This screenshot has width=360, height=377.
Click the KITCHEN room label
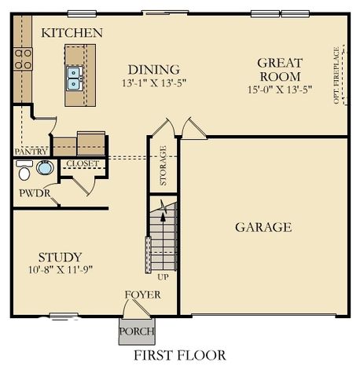tap(72, 33)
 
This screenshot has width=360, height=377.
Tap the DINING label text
tap(153, 69)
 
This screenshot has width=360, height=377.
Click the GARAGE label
tap(263, 228)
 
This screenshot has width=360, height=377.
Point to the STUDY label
tap(60, 257)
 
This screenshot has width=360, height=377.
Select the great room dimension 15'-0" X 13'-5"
tap(279, 90)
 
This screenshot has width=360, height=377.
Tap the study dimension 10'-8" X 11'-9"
tap(60, 270)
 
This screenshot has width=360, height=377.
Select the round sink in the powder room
tap(45, 168)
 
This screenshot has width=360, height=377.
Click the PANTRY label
tap(31, 151)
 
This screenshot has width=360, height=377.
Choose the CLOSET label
tap(82, 163)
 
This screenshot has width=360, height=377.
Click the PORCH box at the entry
tap(137, 331)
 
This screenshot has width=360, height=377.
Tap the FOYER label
tap(142, 295)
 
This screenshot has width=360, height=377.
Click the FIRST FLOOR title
tap(179, 356)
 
